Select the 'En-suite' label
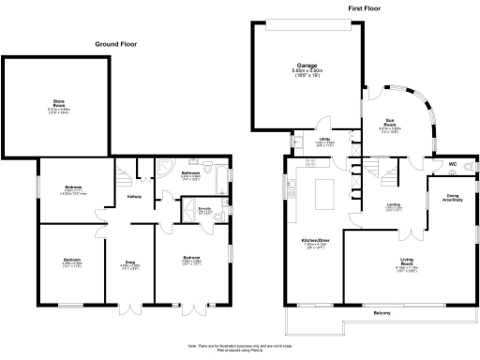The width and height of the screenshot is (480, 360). point(204,209)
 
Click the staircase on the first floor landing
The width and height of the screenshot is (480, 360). point(375,173)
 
